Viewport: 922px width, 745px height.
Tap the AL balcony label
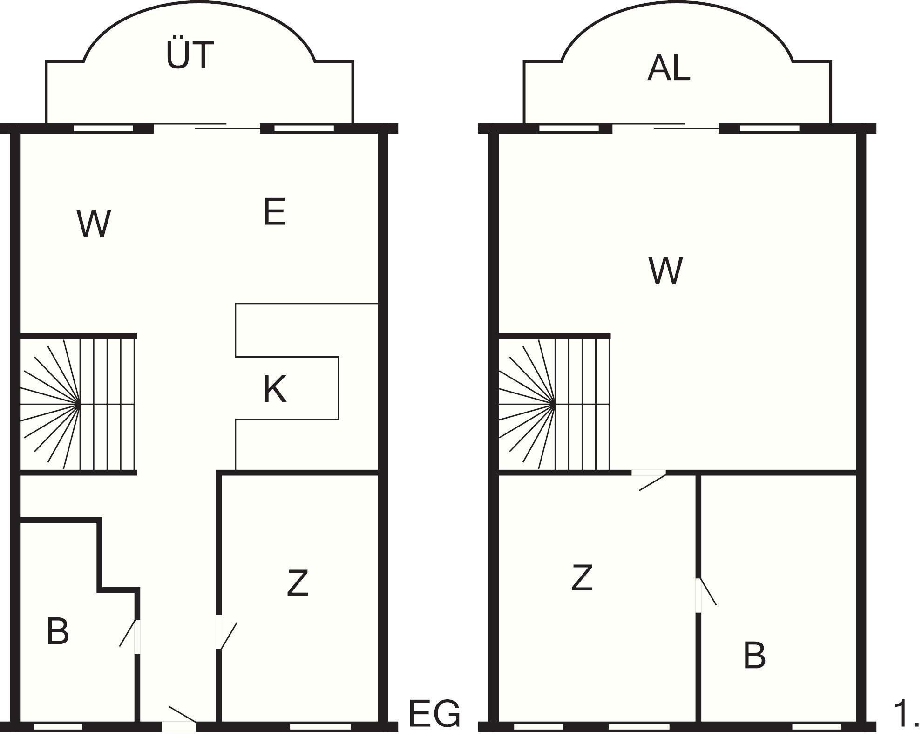pos(668,68)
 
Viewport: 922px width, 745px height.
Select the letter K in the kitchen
pos(274,389)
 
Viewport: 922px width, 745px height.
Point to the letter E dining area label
pos(274,212)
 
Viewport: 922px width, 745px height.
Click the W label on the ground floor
pos(94,224)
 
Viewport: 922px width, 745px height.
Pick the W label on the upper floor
pos(665,271)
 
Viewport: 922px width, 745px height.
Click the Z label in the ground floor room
pos(298,582)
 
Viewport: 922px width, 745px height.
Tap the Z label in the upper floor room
pos(582,578)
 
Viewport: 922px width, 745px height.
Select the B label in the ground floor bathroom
pos(58,631)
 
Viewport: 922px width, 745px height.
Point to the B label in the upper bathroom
pos(754,655)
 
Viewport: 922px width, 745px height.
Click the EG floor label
pos(434,714)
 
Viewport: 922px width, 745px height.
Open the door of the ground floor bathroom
pos(131,636)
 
